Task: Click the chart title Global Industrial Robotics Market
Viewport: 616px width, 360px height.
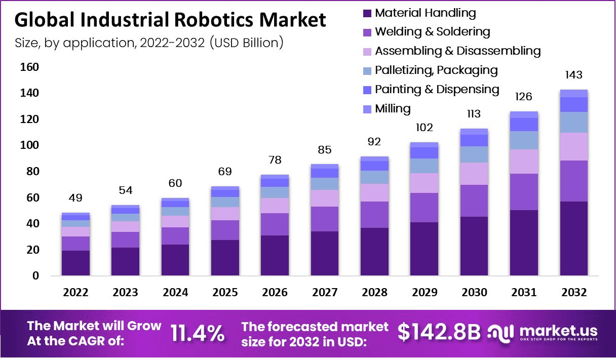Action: point(170,20)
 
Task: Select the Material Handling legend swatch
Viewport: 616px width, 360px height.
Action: point(367,13)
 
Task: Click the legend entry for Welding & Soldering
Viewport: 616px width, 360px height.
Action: point(432,32)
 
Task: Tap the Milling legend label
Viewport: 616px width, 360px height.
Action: point(393,108)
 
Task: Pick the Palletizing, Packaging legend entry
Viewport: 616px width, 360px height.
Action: point(436,70)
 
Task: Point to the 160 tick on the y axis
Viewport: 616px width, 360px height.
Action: point(29,67)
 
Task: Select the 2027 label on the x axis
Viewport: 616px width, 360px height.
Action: point(325,293)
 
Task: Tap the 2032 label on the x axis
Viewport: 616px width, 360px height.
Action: point(574,293)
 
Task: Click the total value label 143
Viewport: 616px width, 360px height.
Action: point(573,75)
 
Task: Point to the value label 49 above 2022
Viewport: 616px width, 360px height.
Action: point(75,197)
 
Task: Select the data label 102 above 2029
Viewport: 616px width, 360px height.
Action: point(424,127)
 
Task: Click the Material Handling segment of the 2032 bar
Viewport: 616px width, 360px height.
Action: point(573,238)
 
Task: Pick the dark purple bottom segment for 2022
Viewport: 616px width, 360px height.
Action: point(75,263)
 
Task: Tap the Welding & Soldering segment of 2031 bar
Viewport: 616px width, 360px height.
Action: point(524,191)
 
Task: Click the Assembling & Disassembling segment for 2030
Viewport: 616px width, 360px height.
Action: point(474,174)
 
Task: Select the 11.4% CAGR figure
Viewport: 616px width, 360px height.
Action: point(198,333)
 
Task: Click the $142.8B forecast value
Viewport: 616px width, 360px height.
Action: point(439,332)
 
